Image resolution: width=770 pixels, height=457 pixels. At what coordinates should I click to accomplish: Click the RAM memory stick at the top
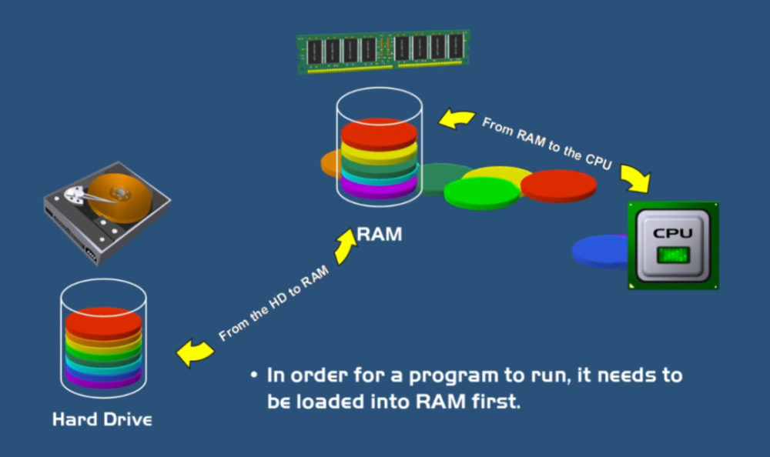383,52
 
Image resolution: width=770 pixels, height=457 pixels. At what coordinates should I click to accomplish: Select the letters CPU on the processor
673,233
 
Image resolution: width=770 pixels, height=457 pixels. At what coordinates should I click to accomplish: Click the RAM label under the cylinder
379,234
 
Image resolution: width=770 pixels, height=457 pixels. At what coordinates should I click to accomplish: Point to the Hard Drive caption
102,420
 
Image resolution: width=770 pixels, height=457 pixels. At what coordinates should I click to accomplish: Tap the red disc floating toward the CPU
558,186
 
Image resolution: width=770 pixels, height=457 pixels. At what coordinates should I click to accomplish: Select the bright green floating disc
482,193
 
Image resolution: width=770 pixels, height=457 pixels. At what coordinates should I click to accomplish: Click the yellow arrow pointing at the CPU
635,178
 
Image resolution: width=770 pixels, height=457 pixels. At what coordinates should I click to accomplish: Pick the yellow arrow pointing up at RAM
345,245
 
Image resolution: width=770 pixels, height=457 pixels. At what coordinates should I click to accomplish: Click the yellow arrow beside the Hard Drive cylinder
195,352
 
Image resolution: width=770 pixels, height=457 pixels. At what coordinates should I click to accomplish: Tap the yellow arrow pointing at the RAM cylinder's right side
456,119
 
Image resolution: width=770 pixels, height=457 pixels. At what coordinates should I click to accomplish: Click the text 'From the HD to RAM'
273,303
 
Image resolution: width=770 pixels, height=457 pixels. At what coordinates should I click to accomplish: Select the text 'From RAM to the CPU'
547,143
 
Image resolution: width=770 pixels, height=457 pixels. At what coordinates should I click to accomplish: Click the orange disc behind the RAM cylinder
330,163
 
